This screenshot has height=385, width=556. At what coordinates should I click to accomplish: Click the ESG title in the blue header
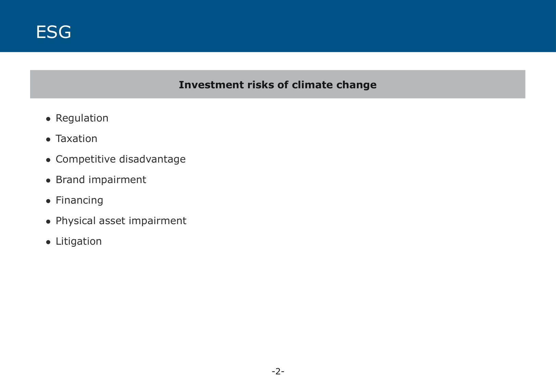point(53,32)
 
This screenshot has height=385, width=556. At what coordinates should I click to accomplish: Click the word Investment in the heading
point(211,85)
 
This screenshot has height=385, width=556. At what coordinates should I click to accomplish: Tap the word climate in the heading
point(312,85)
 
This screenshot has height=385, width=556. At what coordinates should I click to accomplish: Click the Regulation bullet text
point(82,118)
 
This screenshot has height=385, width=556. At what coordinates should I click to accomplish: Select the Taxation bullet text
point(76,139)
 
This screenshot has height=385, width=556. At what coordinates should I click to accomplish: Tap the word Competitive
point(86,159)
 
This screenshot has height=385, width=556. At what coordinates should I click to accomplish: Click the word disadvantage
point(152,159)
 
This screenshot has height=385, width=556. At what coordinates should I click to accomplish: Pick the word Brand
point(70,179)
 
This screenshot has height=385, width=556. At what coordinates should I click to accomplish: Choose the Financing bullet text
point(79,201)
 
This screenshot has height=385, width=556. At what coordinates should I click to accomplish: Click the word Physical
point(76,221)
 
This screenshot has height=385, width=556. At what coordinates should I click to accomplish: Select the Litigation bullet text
point(79,242)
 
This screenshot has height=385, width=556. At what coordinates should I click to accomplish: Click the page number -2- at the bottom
point(278,371)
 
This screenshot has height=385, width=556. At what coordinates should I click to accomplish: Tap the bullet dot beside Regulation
point(48,119)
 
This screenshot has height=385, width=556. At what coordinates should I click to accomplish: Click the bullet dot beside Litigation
point(48,242)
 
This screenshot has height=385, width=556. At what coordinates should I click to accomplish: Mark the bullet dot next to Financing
point(48,201)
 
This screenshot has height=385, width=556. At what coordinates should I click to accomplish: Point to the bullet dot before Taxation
point(48,140)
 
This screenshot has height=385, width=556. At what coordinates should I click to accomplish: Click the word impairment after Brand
point(117,180)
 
